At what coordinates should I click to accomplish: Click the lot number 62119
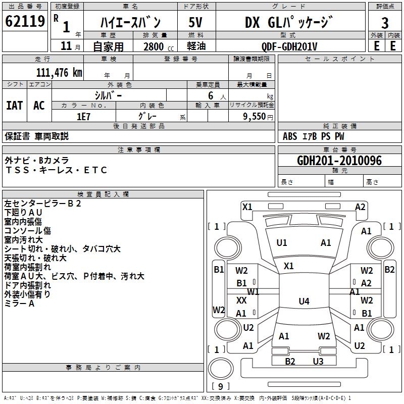point(25,22)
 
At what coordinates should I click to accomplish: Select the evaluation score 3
point(385,23)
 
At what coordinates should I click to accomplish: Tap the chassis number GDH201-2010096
point(339,161)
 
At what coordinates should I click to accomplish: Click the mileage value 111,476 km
point(59,72)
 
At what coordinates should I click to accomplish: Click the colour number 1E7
point(83,116)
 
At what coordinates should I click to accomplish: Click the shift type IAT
point(14,106)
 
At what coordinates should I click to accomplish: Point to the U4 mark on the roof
point(304,301)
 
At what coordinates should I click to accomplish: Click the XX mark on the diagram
point(241,300)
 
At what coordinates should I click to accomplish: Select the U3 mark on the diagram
point(318,361)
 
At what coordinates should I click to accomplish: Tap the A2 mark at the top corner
point(360,207)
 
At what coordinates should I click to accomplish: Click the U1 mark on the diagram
point(282,242)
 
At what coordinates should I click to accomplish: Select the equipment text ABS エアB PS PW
point(314,136)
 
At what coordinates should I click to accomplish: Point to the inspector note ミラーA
point(19,304)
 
